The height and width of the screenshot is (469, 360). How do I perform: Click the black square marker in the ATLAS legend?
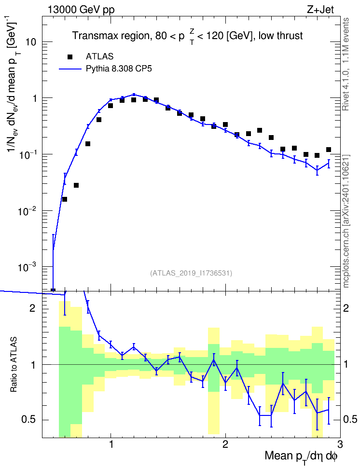70,57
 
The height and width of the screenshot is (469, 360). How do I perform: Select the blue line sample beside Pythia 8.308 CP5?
70,69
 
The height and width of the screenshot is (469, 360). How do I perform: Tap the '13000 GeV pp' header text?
81,10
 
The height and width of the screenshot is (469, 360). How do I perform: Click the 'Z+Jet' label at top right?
320,10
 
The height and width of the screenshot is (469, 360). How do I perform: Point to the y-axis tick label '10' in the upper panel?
31,42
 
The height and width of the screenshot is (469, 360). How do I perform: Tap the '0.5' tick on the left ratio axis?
28,420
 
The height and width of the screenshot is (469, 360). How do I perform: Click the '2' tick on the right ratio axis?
346,308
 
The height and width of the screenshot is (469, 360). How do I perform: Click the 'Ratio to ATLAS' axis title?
14,365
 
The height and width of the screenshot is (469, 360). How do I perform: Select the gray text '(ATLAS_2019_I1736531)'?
191,273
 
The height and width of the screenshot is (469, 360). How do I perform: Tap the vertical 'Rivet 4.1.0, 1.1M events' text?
346,64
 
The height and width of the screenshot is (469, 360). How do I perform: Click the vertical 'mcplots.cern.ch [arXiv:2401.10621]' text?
346,221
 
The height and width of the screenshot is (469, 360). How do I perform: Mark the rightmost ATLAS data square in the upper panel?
329,150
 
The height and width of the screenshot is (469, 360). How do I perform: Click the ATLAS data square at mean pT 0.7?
76,185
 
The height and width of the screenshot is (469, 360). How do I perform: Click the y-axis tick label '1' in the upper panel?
34,98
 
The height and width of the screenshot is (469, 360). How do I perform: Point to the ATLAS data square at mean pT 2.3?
260,130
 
